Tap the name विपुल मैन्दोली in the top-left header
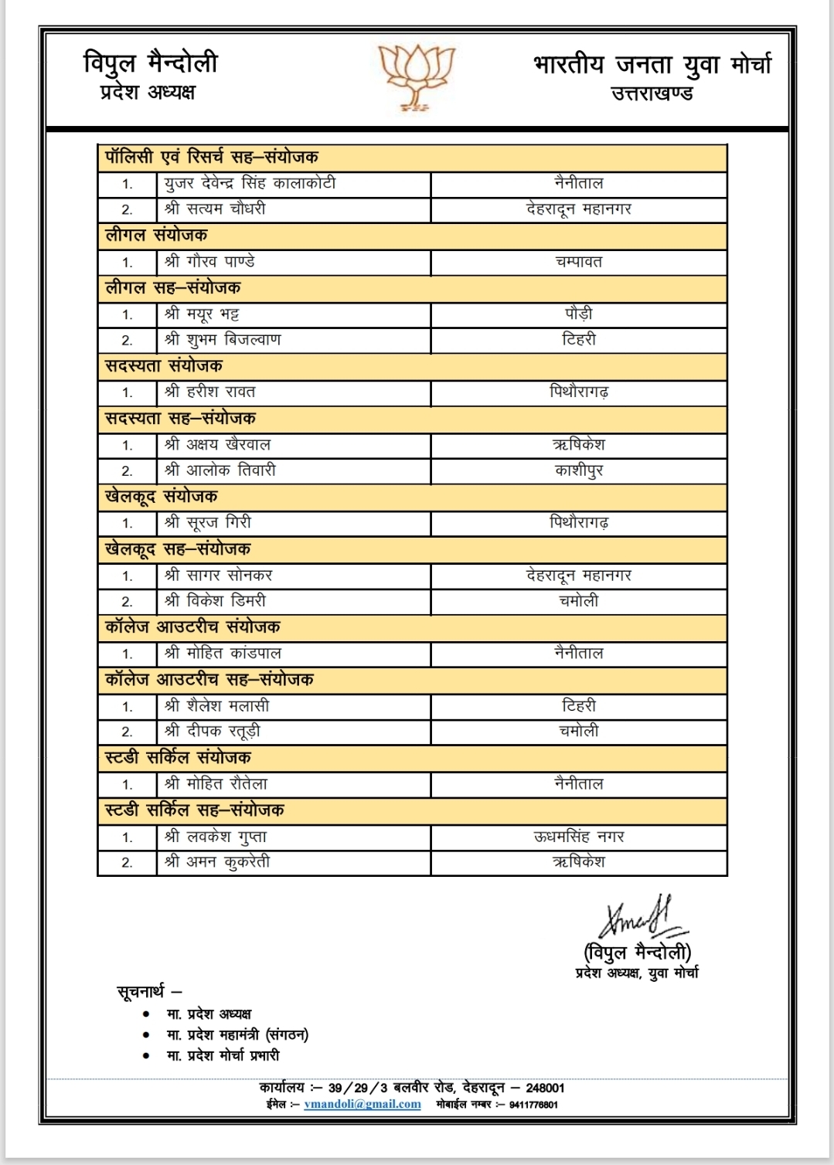pos(151,62)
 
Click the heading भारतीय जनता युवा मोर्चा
pos(652,65)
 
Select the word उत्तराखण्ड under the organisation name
pos(652,94)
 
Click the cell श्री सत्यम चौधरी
pos(215,209)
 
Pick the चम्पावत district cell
pos(578,262)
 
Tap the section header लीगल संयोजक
pos(156,235)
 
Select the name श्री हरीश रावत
pos(209,392)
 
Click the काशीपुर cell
pos(578,470)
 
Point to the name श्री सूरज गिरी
pos(208,522)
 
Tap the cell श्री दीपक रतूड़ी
pos(213,731)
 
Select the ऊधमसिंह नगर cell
pos(578,837)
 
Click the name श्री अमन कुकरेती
pos(217,862)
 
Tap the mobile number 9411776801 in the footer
pos(533,1105)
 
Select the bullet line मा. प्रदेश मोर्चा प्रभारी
pos(223,1055)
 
